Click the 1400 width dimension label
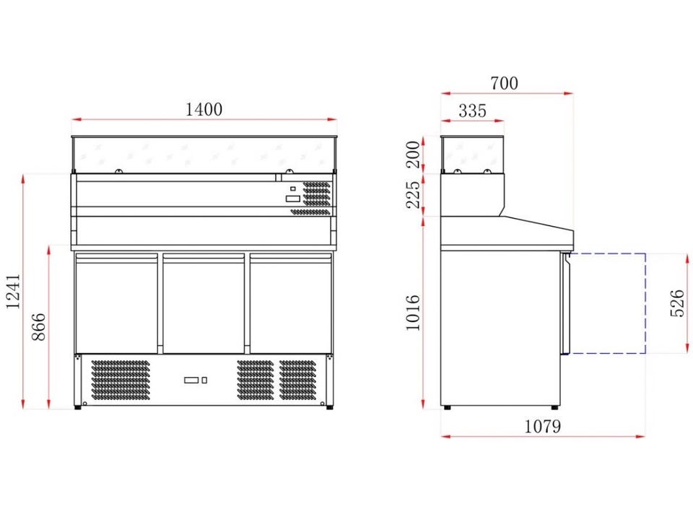coord(204,109)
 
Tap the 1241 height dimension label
coord(13,292)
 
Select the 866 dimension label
coord(39,327)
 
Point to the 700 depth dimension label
coord(505,83)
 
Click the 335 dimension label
coord(472,110)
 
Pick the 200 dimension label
coord(413,155)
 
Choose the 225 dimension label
coord(413,194)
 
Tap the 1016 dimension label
coord(413,313)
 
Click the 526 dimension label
coord(678,303)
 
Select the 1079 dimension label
coord(543,426)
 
